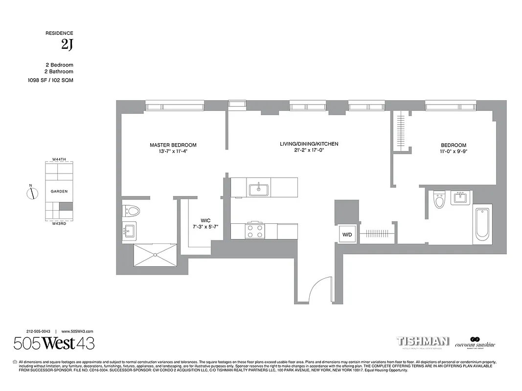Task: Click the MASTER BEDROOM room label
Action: pos(173,145)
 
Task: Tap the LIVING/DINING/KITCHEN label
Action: pos(309,144)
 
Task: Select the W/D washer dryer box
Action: pos(347,235)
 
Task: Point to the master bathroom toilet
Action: pos(132,211)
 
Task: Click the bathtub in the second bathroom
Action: pos(482,224)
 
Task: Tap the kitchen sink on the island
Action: pos(258,189)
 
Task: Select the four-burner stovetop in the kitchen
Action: pos(254,231)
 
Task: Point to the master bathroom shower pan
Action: pos(155,255)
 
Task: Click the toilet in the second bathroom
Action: pos(439,200)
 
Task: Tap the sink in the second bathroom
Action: pos(460,198)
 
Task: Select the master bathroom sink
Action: pos(130,231)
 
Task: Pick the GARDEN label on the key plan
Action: pos(59,192)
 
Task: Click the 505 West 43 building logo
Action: pos(54,344)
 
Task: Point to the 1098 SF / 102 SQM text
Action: pos(50,80)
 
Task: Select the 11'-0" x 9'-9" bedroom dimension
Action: pos(454,152)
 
